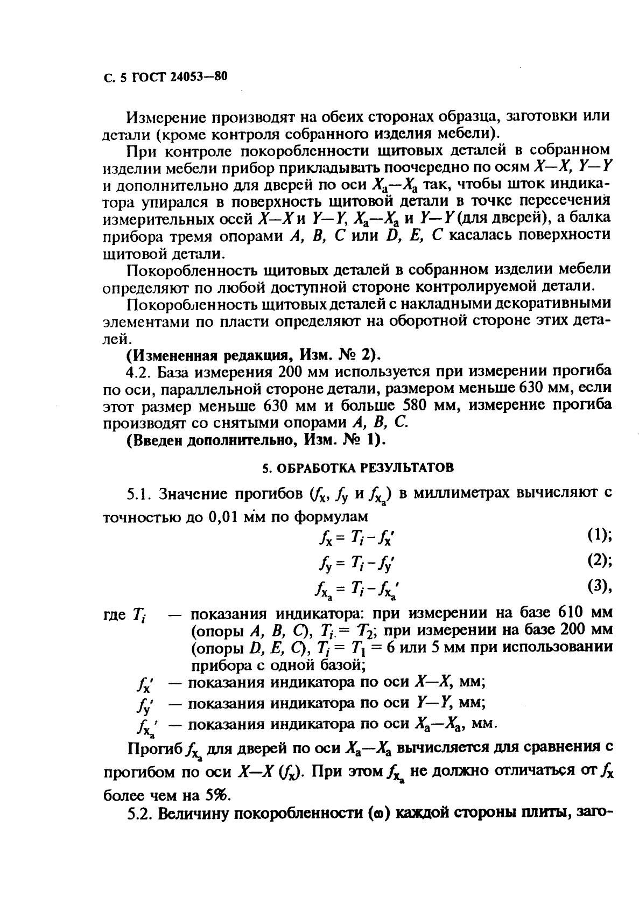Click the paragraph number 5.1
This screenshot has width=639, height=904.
[x=137, y=494]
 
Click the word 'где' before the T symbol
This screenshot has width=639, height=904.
[x=114, y=614]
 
